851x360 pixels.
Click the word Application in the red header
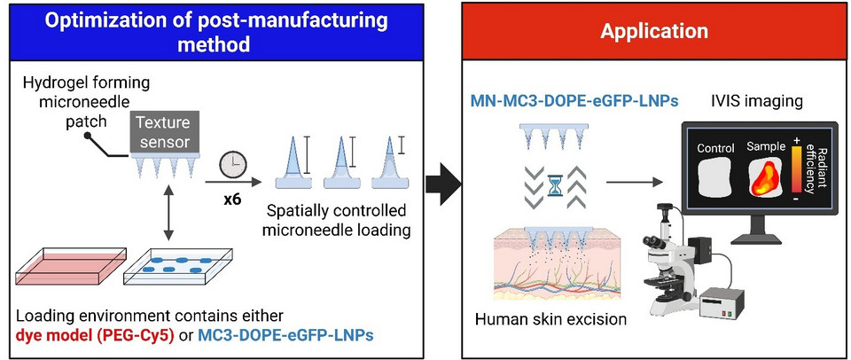[654, 31]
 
